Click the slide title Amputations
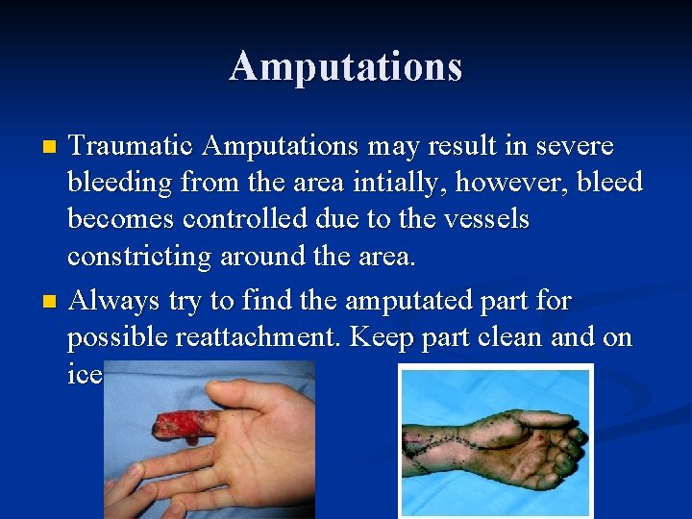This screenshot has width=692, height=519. pyautogui.click(x=346, y=66)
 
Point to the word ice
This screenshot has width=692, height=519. pyautogui.click(x=84, y=375)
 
